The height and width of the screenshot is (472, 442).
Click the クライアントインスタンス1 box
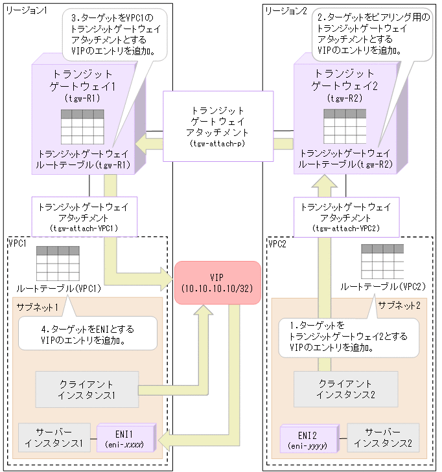(x=87, y=389)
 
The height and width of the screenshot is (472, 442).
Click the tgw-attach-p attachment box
(x=215, y=126)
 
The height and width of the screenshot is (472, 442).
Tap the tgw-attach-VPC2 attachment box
(x=346, y=217)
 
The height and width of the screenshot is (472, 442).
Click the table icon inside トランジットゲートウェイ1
(x=82, y=126)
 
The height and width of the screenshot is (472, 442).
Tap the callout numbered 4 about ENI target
(x=87, y=333)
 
